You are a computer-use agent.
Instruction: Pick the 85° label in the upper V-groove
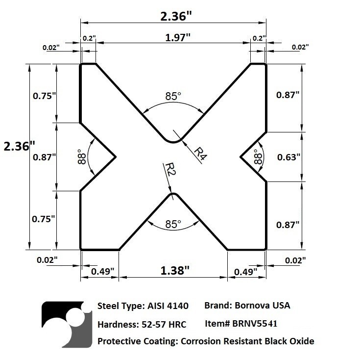(173, 97)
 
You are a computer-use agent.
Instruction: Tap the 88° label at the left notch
(82, 158)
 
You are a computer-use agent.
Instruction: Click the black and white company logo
(66, 323)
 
